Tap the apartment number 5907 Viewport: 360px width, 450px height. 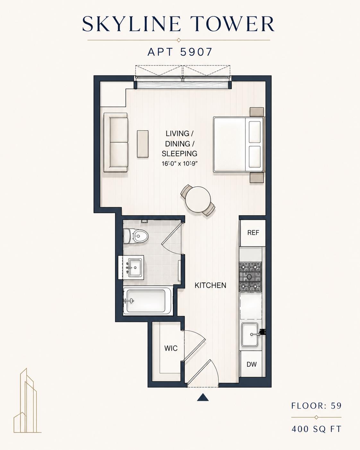pyautogui.click(x=196, y=52)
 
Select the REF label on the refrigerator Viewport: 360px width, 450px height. pyautogui.click(x=253, y=232)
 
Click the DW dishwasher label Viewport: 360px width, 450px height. pyautogui.click(x=252, y=364)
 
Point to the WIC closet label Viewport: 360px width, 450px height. pyautogui.click(x=171, y=348)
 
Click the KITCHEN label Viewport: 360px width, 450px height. pyautogui.click(x=210, y=285)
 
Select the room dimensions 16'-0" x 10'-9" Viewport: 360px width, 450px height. pyautogui.click(x=180, y=163)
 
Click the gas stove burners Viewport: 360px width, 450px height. pyautogui.click(x=251, y=276)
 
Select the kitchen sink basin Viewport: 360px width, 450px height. pyautogui.click(x=249, y=338)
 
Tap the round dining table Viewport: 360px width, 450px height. pyautogui.click(x=198, y=199)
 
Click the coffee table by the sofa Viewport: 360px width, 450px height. pyautogui.click(x=142, y=144)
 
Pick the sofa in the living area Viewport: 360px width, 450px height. pyautogui.click(x=116, y=143)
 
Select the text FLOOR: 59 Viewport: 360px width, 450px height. pyautogui.click(x=316, y=406)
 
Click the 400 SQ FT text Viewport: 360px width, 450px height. pyautogui.click(x=316, y=427)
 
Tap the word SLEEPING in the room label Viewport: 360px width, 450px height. pyautogui.click(x=180, y=154)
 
